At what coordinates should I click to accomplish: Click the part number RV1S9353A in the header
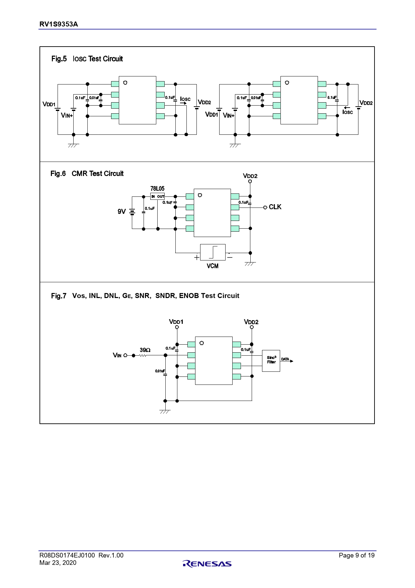[x=59, y=24]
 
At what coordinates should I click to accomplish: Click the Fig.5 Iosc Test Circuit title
[x=87, y=59]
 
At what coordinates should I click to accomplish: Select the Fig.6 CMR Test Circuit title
[x=87, y=174]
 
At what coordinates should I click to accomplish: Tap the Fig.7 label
[x=59, y=296]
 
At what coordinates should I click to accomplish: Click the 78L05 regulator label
[x=157, y=189]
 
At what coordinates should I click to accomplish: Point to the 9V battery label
[x=121, y=212]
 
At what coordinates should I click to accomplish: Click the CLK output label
[x=275, y=207]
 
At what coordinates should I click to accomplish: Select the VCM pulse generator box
[x=213, y=252]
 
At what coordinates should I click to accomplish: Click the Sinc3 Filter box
[x=271, y=360]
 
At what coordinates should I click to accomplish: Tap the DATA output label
[x=285, y=359]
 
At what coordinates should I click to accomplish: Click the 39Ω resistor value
[x=145, y=350]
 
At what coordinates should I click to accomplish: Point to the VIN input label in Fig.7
[x=117, y=355]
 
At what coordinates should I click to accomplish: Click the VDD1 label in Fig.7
[x=176, y=322]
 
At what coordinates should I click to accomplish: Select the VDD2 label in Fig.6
[x=250, y=176]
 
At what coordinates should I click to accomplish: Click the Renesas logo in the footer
[x=207, y=564]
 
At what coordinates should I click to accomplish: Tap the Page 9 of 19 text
[x=356, y=555]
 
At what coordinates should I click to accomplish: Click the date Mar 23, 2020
[x=58, y=563]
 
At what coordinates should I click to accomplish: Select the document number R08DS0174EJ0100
[x=67, y=555]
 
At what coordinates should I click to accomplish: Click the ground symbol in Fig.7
[x=165, y=412]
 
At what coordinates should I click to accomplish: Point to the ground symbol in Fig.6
[x=250, y=264]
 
